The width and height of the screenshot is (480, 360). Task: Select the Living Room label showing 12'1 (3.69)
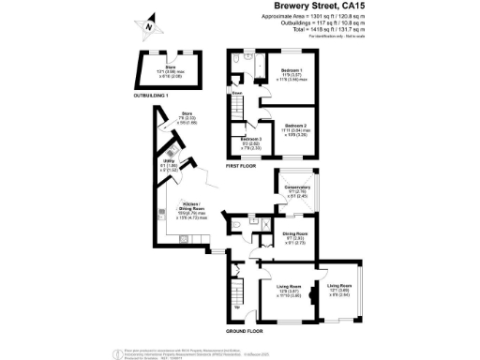tap(339, 288)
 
